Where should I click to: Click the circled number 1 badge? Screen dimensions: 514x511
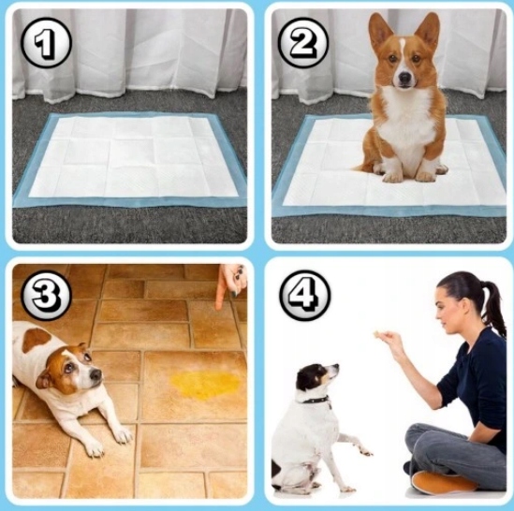tap(46, 43)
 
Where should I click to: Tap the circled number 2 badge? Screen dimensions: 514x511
tap(303, 43)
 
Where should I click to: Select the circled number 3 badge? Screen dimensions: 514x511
tap(46, 296)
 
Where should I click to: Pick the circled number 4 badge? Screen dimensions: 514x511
tap(305, 296)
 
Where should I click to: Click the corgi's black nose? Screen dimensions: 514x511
tap(405, 78)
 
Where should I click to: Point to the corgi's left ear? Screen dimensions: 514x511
tap(380, 31)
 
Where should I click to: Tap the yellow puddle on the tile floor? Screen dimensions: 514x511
tap(206, 386)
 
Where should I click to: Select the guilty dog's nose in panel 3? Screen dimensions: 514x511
tap(95, 374)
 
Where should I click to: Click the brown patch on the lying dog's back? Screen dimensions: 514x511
tap(36, 340)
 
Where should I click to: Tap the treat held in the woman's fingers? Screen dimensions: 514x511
tap(377, 335)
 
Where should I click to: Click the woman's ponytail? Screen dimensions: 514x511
tap(493, 308)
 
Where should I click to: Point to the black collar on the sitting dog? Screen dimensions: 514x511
tap(316, 401)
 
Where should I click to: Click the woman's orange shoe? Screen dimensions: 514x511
tap(443, 482)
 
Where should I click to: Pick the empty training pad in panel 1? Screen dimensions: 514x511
tap(130, 160)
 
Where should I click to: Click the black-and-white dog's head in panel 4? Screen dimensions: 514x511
tap(316, 379)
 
